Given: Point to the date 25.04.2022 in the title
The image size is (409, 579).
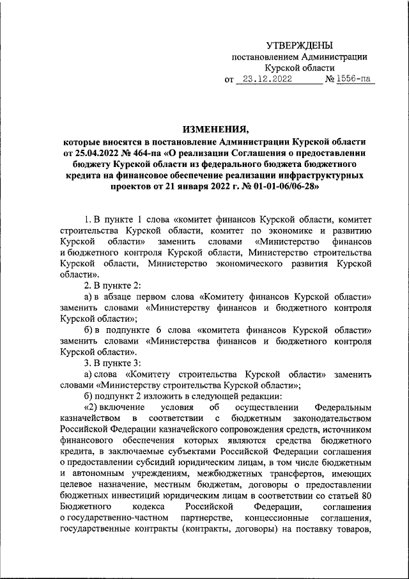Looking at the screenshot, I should [x=99, y=154].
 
